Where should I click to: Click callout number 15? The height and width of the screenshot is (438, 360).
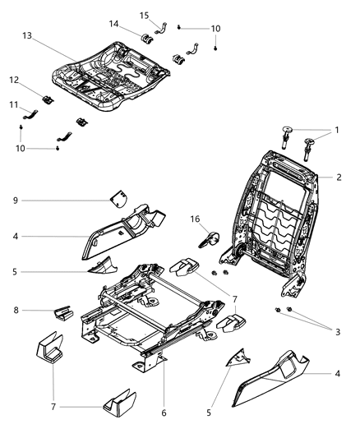[144, 15]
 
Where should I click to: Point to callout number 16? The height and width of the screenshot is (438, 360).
[196, 220]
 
